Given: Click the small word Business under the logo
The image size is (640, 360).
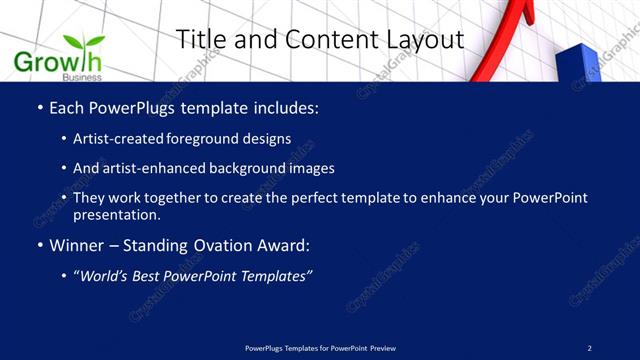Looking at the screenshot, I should [81, 77].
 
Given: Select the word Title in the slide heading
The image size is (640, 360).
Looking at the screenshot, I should [201, 39].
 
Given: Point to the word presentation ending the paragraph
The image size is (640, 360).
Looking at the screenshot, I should [117, 214].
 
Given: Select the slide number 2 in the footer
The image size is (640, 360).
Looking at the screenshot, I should [589, 347].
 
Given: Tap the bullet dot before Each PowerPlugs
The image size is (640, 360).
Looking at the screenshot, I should [39, 106].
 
